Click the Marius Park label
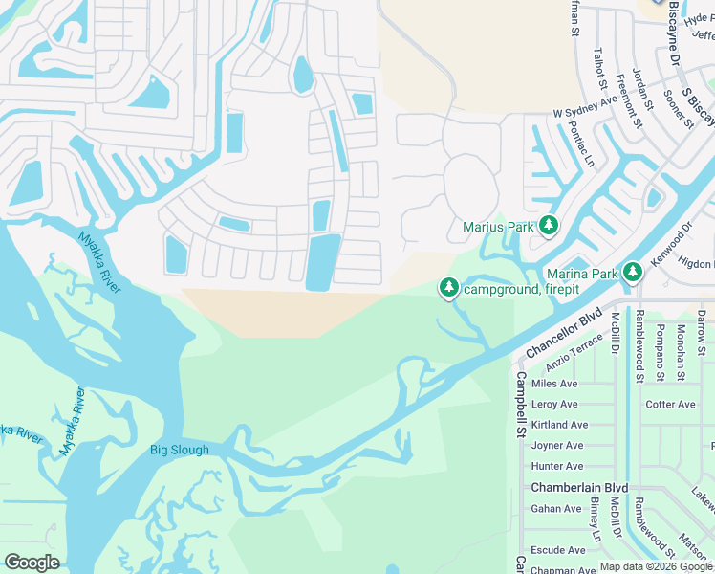[x=497, y=228]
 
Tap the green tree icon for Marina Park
[x=631, y=274]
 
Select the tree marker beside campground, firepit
[x=449, y=287]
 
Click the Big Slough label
[x=179, y=451]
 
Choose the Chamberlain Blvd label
[x=579, y=488]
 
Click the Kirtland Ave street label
[x=559, y=425]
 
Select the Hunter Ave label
[x=556, y=467]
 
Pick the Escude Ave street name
[x=558, y=551]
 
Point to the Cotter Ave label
[x=671, y=405]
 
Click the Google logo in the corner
[x=32, y=563]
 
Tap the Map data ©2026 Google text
[x=656, y=567]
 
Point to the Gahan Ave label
[x=556, y=509]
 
